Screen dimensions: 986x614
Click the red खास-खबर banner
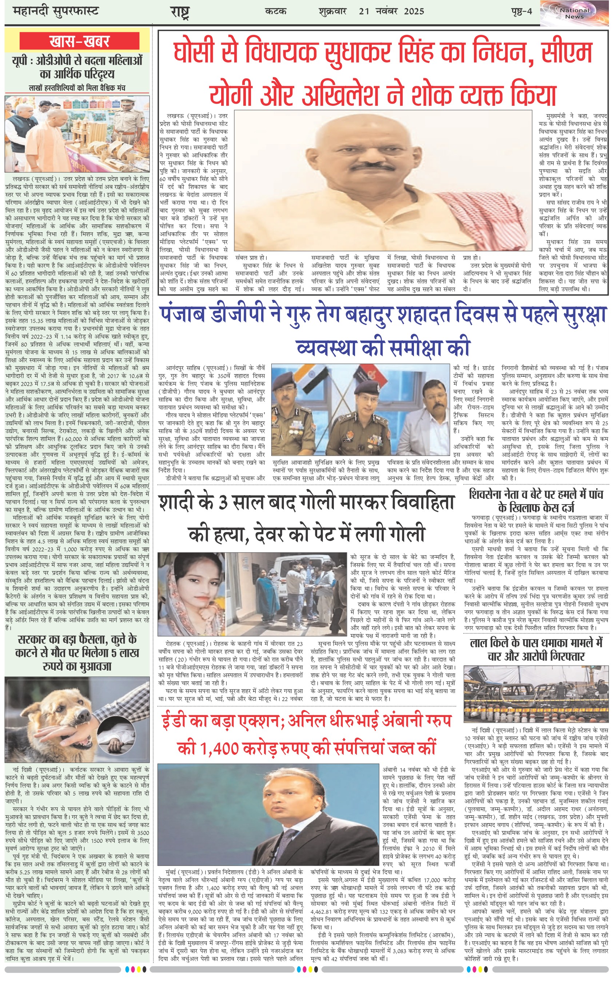[80, 41]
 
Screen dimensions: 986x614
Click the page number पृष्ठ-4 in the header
[521, 11]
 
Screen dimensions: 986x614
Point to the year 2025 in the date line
[413, 11]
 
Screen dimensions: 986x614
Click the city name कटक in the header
[276, 11]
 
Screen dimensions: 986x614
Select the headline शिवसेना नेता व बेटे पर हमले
[536, 501]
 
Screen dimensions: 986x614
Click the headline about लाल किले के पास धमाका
[536, 650]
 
